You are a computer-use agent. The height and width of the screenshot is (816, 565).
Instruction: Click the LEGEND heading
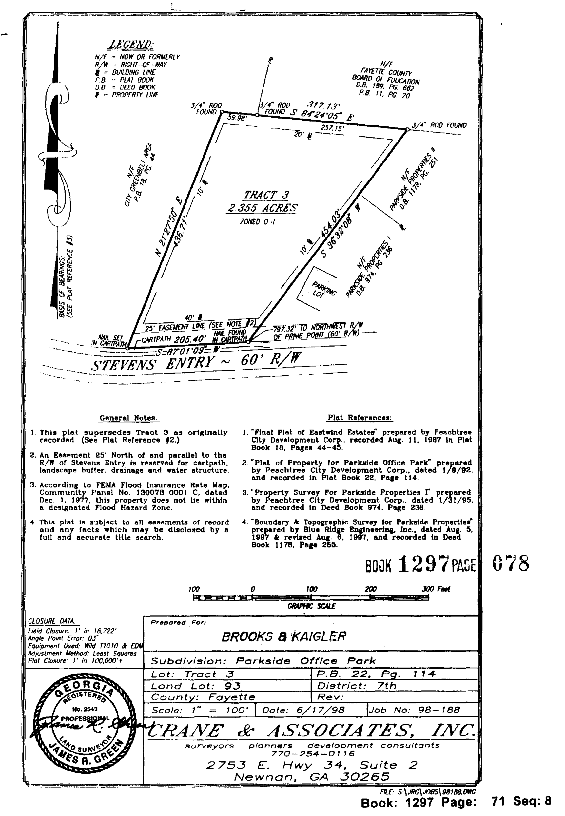[x=131, y=45]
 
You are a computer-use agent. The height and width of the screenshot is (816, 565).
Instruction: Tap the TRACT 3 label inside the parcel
[x=266, y=195]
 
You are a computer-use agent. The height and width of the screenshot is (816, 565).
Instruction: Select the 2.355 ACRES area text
[x=262, y=208]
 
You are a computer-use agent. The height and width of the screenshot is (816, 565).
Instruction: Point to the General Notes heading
[x=128, y=418]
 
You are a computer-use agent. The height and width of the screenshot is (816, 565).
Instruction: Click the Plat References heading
[x=359, y=418]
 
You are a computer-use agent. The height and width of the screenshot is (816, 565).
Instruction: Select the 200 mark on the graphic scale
[x=370, y=589]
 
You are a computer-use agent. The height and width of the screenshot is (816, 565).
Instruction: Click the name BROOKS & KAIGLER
[x=283, y=637]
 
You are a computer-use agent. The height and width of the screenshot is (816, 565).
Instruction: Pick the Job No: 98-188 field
[x=414, y=710]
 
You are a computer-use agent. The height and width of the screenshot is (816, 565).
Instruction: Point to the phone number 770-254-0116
[x=313, y=754]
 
